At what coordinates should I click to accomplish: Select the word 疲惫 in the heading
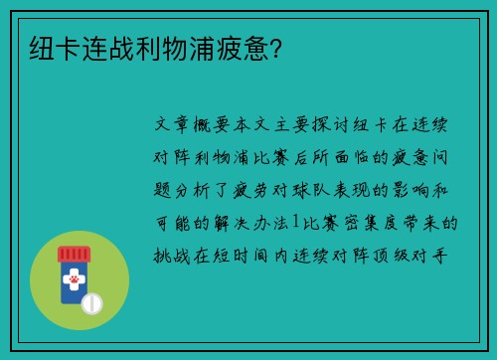238,46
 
